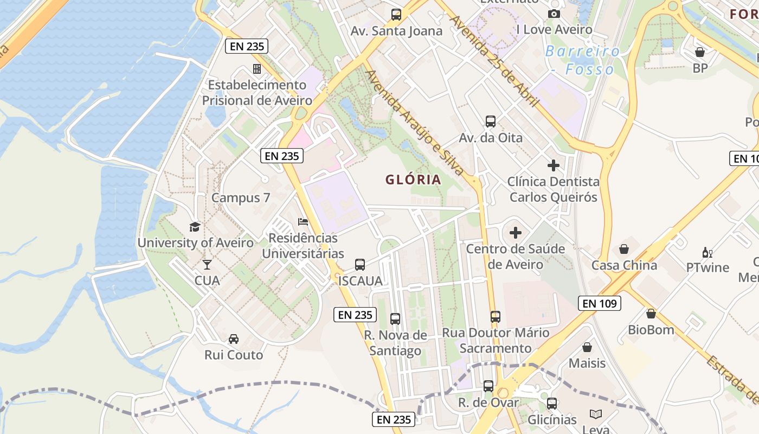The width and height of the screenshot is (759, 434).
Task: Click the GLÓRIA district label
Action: (413, 180)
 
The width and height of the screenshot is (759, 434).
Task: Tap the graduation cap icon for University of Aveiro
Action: (195, 227)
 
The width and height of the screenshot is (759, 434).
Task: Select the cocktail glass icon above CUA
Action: (207, 265)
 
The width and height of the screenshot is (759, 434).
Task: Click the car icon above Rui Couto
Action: (234, 339)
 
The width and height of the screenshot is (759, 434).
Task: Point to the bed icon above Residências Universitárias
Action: (303, 222)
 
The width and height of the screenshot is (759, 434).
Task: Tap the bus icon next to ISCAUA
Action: (360, 265)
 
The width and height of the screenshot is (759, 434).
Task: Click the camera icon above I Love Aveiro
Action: (554, 14)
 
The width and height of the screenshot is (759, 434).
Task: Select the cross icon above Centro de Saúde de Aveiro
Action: (516, 233)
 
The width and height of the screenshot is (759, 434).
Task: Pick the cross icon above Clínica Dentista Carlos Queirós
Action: (554, 165)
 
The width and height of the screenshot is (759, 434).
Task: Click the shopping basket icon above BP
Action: (700, 52)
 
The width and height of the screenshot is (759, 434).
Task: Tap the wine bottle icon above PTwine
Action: (707, 252)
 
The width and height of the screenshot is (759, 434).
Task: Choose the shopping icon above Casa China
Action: (624, 249)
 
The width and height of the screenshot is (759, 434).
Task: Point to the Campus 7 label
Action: (241, 198)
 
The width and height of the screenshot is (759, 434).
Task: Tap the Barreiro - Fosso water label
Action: (583, 60)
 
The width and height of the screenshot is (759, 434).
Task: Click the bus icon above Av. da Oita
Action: (491, 122)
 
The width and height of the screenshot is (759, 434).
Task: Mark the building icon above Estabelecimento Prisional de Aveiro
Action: (257, 69)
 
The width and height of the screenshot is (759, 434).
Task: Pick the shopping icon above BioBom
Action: (651, 314)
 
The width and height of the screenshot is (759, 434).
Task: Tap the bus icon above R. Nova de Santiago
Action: (395, 319)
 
